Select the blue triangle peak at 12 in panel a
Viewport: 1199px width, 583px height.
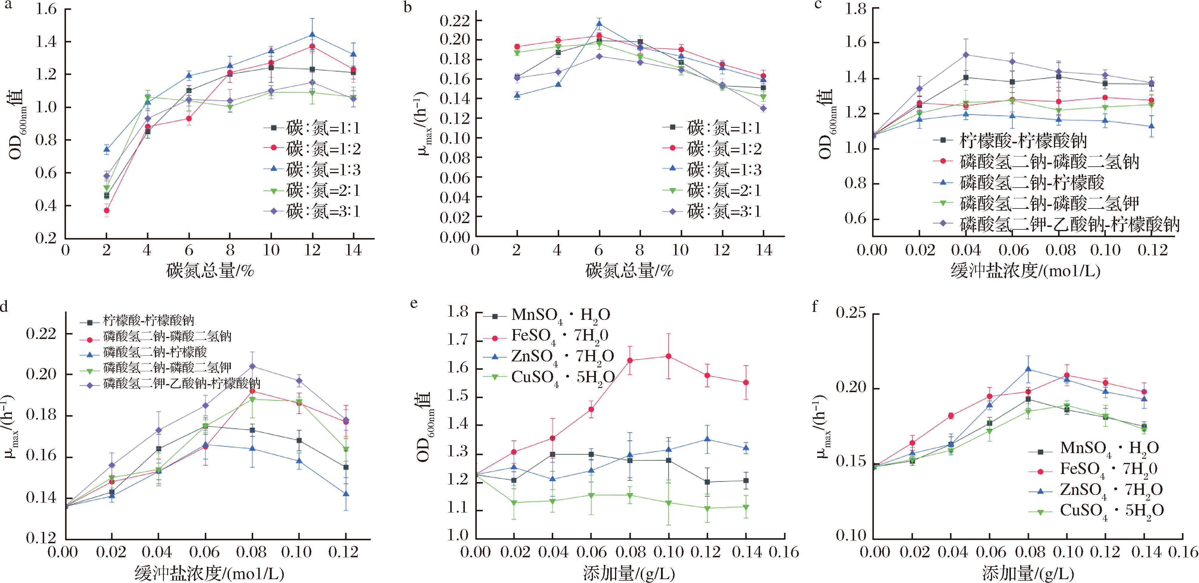pos(312,34)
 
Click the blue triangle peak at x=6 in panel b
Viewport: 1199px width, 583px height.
pos(599,23)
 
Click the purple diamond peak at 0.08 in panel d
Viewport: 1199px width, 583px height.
pos(252,366)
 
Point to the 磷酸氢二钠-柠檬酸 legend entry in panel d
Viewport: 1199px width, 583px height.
pos(155,352)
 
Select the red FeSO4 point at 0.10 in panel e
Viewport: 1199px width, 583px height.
pos(668,356)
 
